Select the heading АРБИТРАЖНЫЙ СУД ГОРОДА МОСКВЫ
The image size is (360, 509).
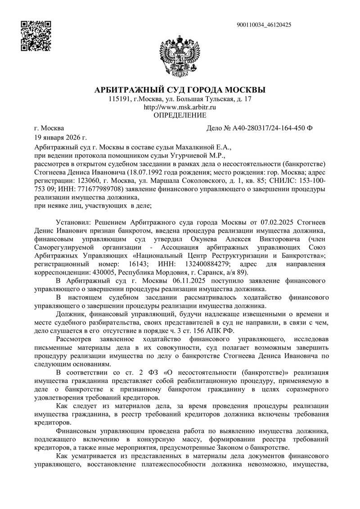click(x=180, y=90)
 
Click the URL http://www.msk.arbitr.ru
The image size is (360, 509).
click(x=180, y=107)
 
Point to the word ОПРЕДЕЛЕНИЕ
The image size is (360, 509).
click(x=180, y=116)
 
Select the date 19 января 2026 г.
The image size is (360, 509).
click(x=61, y=137)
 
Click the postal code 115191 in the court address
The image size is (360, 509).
click(x=119, y=99)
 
